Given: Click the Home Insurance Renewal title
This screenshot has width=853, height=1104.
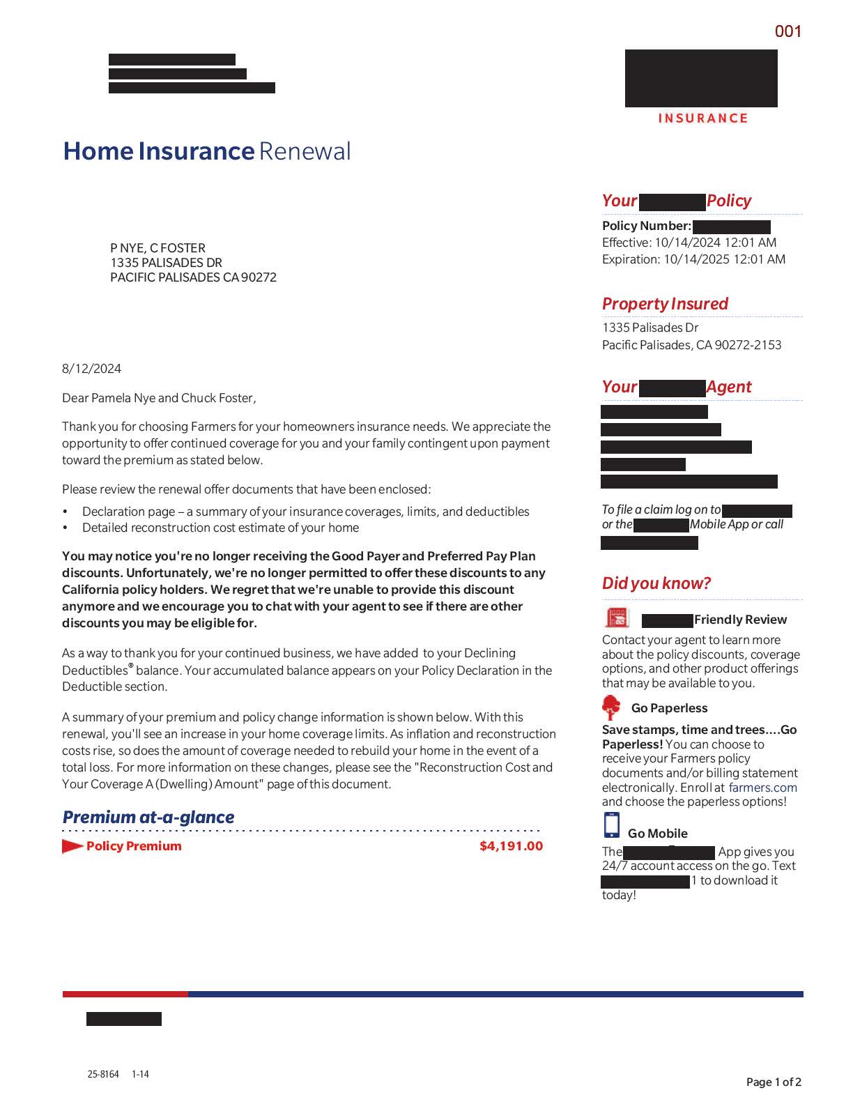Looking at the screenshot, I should (207, 151).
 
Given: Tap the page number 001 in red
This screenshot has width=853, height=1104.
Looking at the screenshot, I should (788, 31).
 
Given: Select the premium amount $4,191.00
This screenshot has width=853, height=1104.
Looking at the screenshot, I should (511, 846).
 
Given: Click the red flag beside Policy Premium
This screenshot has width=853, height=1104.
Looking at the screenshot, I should (72, 846).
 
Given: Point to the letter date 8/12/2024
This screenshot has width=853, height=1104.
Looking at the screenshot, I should (91, 369).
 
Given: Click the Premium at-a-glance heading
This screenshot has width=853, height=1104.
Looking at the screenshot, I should (148, 817).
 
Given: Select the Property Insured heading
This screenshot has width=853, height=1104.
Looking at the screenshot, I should (665, 304).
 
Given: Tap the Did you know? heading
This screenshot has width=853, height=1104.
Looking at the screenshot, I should (656, 583).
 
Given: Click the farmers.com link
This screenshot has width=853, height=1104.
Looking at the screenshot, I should (762, 788).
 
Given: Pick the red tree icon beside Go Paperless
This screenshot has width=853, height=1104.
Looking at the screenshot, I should (611, 707).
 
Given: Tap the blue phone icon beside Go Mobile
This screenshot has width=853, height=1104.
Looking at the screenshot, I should (611, 825).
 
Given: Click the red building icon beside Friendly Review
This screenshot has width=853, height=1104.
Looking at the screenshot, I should (617, 618).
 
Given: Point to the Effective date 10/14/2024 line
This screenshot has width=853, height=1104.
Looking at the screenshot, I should (689, 243).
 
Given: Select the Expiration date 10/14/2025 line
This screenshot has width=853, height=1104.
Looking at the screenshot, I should (693, 259).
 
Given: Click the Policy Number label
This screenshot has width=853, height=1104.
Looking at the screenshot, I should (647, 226).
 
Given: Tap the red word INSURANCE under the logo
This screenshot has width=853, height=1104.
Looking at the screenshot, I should (702, 118).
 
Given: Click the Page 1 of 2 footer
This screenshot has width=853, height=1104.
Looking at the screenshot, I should (774, 1082).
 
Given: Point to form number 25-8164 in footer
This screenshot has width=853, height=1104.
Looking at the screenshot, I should (103, 1074).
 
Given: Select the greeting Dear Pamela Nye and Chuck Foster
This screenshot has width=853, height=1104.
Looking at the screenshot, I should (159, 398).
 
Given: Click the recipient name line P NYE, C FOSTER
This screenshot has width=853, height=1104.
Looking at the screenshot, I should (157, 248).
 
